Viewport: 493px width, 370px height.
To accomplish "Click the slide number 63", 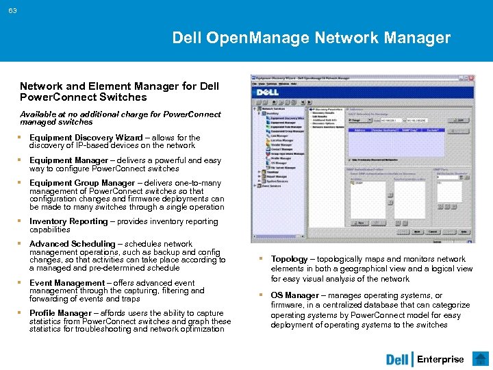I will tap(13, 10).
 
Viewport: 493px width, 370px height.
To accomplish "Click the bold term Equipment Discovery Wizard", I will tap(86, 137).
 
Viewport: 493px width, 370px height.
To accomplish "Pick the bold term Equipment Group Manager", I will tap(82, 183).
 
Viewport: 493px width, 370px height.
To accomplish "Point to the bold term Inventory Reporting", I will tap(68, 221).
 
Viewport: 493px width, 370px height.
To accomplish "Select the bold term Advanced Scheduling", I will tap(73, 244).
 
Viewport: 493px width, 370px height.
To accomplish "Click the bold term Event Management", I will tap(67, 283).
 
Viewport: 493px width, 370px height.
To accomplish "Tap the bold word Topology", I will tap(290, 259).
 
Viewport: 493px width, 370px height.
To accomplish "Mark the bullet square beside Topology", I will tap(261, 259).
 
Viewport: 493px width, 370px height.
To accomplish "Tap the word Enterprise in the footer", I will tap(440, 359).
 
